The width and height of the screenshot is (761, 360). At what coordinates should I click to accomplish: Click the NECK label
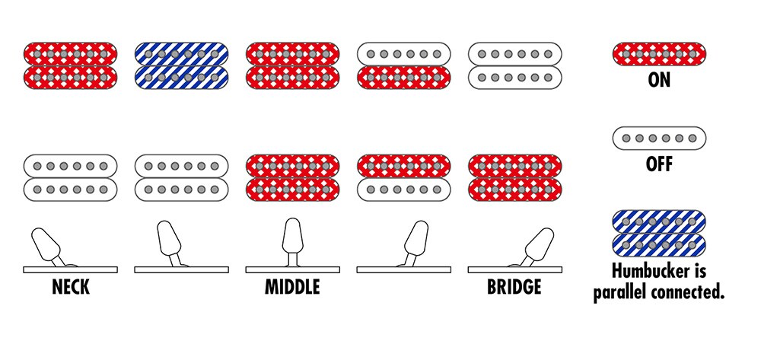click(70, 287)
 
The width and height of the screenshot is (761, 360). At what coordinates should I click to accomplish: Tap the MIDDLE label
click(292, 287)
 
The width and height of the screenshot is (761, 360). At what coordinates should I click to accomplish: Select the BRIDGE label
click(514, 287)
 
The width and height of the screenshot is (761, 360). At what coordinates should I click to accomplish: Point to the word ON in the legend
click(659, 80)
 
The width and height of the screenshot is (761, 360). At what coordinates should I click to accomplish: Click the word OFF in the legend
click(659, 165)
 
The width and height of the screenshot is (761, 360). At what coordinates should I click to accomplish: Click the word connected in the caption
click(689, 293)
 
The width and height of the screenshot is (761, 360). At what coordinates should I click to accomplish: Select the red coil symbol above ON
click(659, 54)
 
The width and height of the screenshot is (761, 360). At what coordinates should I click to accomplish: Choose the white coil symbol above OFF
click(659, 139)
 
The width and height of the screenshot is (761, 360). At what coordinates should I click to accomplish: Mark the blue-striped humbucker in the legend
click(659, 234)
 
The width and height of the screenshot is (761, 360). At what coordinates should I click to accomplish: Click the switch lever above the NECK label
click(48, 246)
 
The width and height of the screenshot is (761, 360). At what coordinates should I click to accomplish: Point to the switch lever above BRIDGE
click(534, 246)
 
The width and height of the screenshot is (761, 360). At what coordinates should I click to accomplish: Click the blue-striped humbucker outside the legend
click(182, 65)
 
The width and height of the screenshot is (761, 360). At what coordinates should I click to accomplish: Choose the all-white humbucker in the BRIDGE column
click(515, 65)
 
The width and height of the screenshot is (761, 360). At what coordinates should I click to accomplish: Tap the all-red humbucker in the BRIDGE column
click(515, 177)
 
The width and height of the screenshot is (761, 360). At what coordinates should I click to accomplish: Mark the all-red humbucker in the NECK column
click(70, 65)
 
